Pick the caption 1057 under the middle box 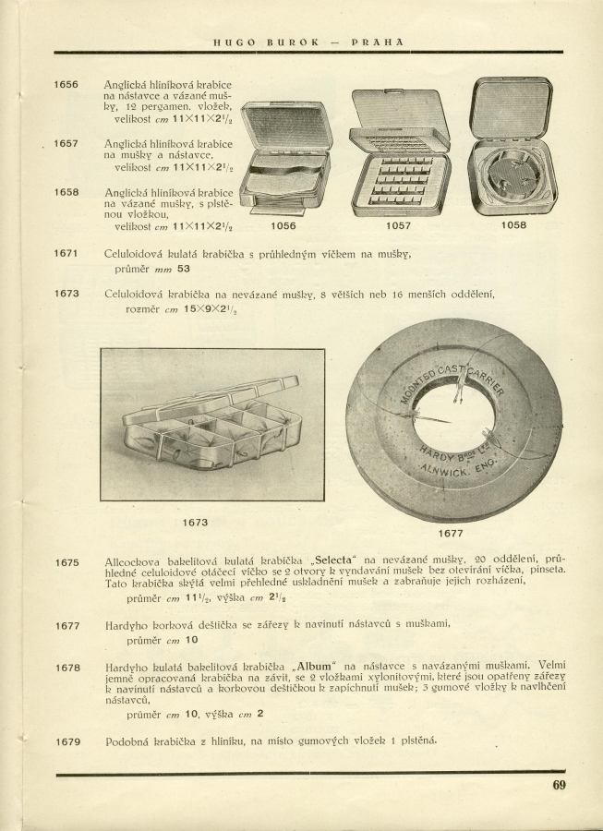pos(398,224)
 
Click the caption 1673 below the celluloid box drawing pos(195,523)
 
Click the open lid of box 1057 pos(399,116)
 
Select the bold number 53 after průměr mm pos(183,269)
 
